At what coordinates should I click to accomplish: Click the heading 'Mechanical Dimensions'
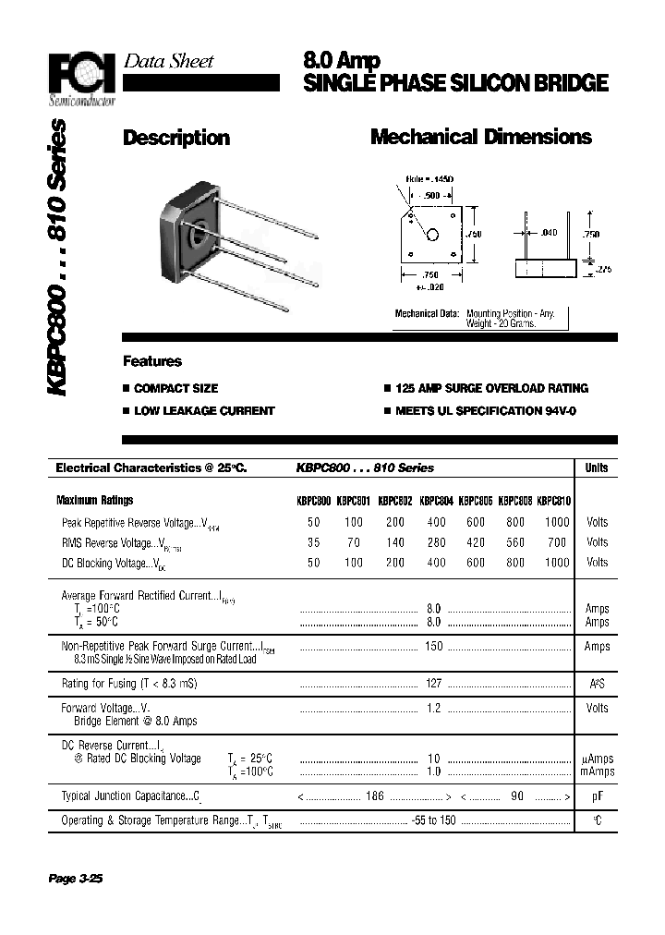480,138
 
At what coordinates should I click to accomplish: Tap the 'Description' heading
176,139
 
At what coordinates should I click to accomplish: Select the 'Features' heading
152,361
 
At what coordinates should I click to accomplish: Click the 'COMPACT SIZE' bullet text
175,389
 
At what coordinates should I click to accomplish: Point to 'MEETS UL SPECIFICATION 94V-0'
486,410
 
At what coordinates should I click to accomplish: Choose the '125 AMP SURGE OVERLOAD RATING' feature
491,389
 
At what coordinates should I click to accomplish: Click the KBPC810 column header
553,501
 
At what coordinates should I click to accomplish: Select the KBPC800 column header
313,501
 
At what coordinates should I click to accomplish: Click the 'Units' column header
597,468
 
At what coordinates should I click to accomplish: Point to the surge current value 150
433,647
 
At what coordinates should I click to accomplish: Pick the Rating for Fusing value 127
433,684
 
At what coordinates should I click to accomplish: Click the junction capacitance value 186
374,795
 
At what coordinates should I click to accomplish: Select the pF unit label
598,795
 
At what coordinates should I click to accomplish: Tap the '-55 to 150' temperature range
433,820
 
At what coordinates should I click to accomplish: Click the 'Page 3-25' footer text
75,879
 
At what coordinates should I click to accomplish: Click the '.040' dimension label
550,233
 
